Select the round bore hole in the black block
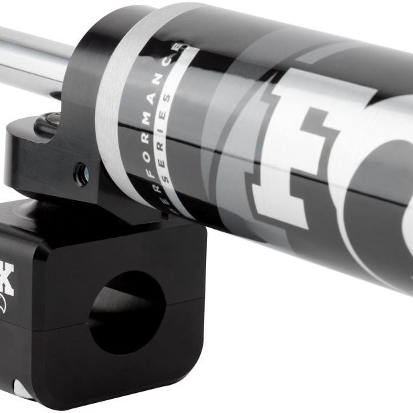(127, 311)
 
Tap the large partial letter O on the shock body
(388, 201)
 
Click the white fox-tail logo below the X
(5, 305)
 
